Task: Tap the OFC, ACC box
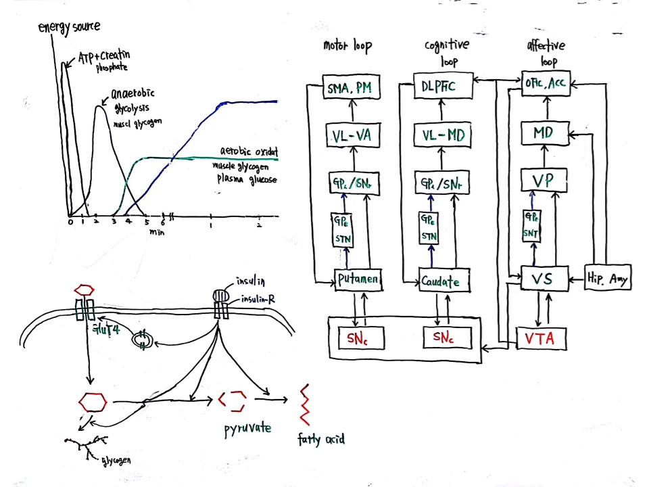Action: tap(546, 85)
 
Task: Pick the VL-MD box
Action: tap(442, 136)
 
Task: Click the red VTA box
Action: tap(538, 339)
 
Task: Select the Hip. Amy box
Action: tap(608, 278)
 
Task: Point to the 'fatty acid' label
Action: tap(321, 440)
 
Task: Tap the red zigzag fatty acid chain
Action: tap(306, 407)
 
